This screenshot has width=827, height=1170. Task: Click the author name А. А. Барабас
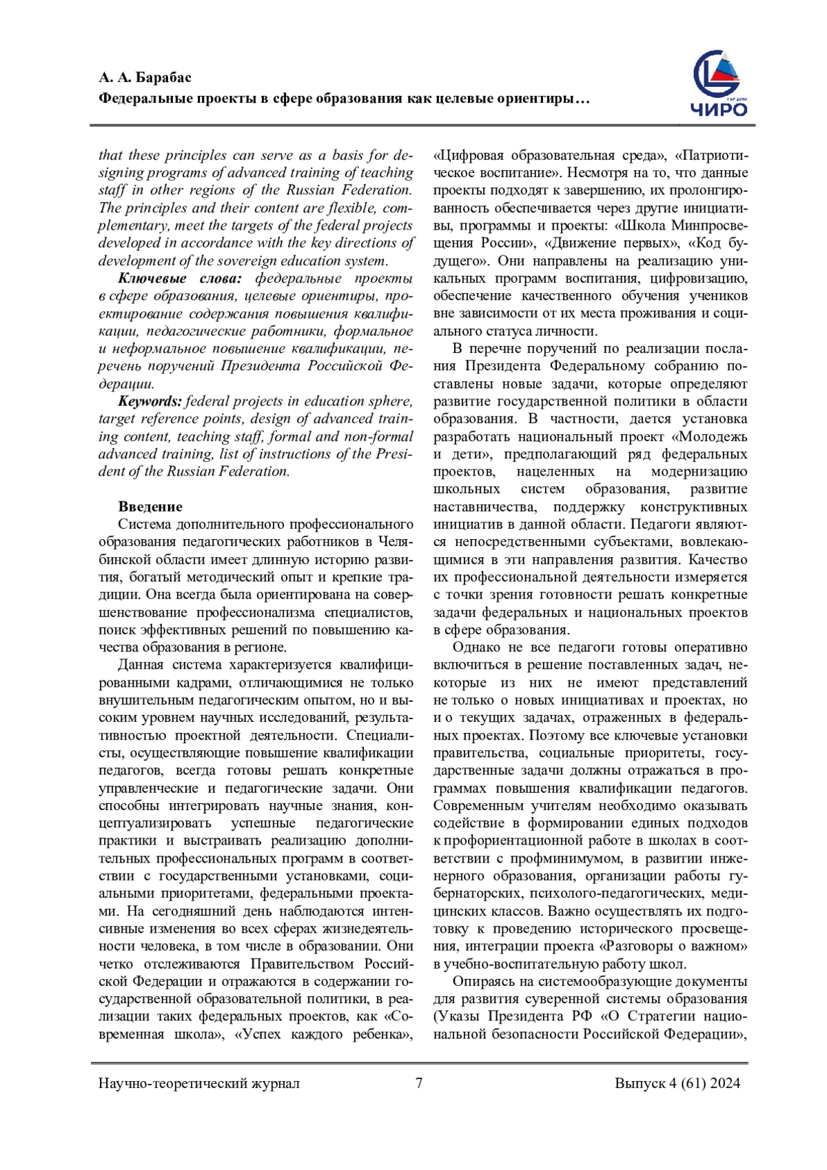145,77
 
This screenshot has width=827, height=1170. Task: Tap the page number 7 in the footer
419,1082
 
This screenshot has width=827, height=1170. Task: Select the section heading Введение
150,507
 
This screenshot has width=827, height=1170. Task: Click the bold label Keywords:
150,401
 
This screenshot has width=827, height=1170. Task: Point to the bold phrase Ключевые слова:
180,279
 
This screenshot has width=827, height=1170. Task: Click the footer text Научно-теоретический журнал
199,1083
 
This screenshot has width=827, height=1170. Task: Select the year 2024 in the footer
726,1083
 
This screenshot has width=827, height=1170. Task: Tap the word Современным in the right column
475,805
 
